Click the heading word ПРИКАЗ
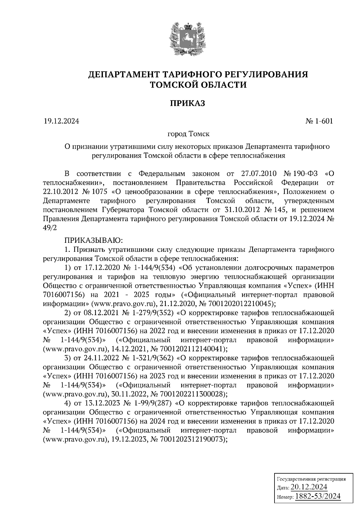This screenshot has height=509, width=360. click(x=188, y=104)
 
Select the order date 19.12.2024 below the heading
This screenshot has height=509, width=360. click(x=61, y=121)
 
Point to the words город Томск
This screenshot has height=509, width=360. click(x=188, y=134)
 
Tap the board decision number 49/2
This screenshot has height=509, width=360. click(x=49, y=228)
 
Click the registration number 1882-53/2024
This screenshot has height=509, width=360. click(x=318, y=496)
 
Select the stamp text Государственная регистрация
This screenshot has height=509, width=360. click(x=311, y=479)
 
